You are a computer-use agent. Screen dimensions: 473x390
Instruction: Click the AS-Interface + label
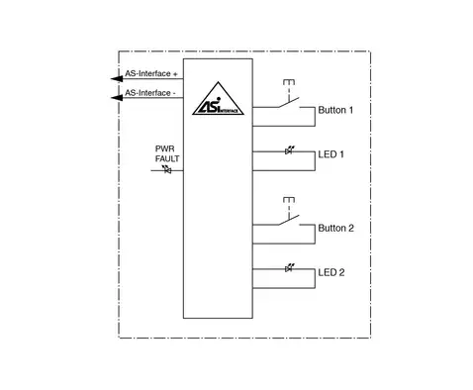click(151, 73)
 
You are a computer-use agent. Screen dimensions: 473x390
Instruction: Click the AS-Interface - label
click(150, 93)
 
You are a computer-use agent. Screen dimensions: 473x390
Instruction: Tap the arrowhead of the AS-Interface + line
click(117, 78)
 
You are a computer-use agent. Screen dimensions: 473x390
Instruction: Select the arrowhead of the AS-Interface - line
click(117, 98)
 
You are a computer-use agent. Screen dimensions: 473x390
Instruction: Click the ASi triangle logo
click(218, 99)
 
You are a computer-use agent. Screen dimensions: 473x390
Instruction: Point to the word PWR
click(164, 148)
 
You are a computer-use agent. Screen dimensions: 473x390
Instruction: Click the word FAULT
click(167, 158)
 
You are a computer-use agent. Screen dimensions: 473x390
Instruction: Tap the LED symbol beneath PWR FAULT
click(167, 169)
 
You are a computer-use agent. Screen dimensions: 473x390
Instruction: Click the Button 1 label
click(335, 110)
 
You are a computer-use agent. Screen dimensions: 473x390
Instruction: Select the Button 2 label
click(335, 228)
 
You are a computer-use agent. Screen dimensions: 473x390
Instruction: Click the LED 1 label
click(331, 154)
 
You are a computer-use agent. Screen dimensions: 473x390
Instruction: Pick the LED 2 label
click(331, 272)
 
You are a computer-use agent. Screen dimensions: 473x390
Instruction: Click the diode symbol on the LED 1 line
click(289, 150)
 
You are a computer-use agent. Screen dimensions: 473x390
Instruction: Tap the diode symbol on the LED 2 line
click(289, 268)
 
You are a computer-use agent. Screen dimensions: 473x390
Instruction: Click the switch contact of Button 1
click(289, 102)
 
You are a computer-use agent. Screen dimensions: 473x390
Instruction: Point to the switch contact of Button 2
click(289, 220)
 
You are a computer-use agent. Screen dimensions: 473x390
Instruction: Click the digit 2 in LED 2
click(341, 272)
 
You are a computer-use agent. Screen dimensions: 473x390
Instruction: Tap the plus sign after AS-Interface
click(175, 74)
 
